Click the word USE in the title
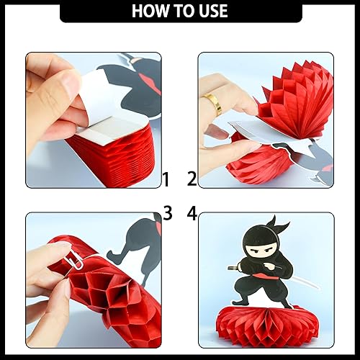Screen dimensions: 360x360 tap(211, 11)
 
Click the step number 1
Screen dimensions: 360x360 tap(166, 179)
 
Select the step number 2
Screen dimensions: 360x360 tap(192, 179)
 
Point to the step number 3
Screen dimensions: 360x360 tap(168, 213)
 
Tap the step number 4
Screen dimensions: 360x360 tap(192, 213)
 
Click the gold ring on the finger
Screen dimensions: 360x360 tap(213, 104)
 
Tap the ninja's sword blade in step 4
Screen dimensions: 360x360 tap(305, 282)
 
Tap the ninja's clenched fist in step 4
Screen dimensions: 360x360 tap(269, 266)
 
